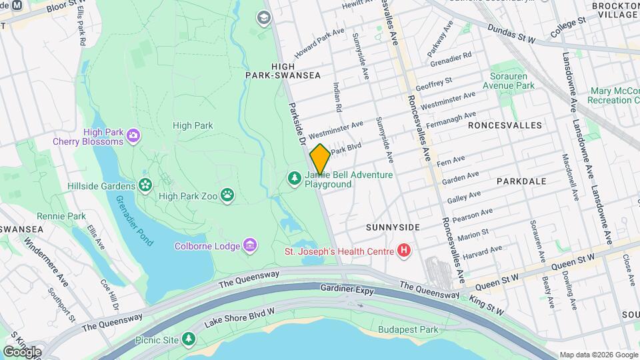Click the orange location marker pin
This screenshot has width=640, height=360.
click(x=320, y=159)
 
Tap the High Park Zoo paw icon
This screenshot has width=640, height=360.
click(x=228, y=195)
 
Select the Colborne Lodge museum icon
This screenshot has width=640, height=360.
click(x=250, y=246)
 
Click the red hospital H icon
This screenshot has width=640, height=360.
click(x=403, y=251)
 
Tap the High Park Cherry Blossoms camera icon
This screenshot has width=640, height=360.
click(x=133, y=136)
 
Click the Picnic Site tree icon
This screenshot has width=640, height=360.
click(x=190, y=339)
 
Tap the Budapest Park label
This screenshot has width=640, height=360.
click(x=408, y=329)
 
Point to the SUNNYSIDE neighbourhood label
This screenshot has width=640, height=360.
click(x=393, y=227)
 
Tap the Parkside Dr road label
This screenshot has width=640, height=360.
click(x=297, y=123)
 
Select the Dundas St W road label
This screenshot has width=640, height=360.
click(x=511, y=35)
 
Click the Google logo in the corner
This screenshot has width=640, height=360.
click(x=21, y=351)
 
